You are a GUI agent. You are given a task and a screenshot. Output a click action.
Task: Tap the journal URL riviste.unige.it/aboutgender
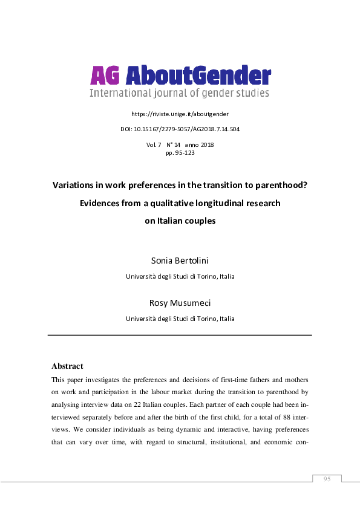pyautogui.click(x=180, y=114)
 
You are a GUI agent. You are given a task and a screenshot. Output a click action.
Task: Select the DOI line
pyautogui.click(x=180, y=129)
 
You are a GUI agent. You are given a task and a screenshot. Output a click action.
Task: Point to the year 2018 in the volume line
pyautogui.click(x=205, y=145)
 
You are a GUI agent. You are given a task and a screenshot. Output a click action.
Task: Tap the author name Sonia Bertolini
pyautogui.click(x=180, y=261)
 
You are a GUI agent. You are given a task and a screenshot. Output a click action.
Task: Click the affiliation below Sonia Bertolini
pyautogui.click(x=180, y=276)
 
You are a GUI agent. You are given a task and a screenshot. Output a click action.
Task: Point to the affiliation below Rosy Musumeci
pyautogui.click(x=180, y=319)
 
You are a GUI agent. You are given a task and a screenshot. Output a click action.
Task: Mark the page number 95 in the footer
pyautogui.click(x=327, y=479)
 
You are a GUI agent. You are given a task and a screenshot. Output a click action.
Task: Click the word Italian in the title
pyautogui.click(x=160, y=221)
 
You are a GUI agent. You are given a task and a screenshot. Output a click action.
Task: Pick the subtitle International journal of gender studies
pyautogui.click(x=180, y=93)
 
